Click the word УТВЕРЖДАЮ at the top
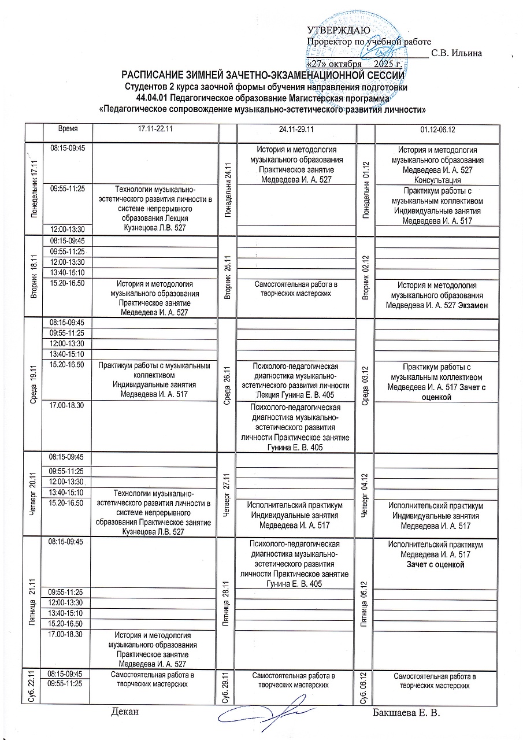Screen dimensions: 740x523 coord(339,31)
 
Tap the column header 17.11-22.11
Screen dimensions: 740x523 coord(154,131)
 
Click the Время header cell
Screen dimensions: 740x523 coord(68,131)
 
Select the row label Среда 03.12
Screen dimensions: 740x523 coord(365,385)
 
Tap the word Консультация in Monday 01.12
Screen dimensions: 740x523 coord(437,180)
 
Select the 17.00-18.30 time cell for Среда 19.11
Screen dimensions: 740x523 coord(68,405)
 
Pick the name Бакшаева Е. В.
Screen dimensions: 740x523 coord(407,712)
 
